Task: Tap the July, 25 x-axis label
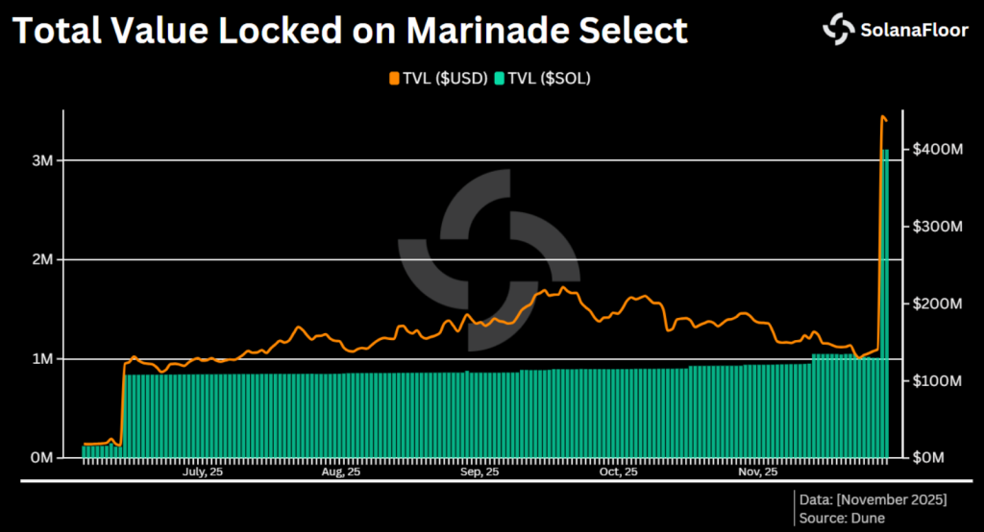tap(203, 472)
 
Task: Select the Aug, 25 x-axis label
tap(341, 472)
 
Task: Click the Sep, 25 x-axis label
tap(480, 472)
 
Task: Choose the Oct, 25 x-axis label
tap(618, 472)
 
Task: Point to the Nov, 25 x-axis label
tap(757, 472)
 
